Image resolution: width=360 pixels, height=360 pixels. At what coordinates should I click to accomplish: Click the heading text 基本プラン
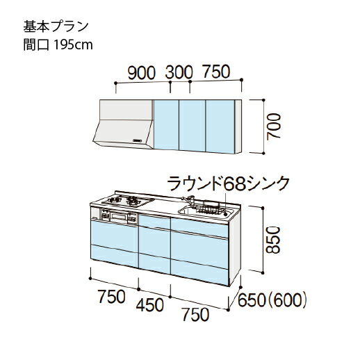coord(56,26)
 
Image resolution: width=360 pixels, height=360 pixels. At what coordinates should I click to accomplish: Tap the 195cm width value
coord(73,44)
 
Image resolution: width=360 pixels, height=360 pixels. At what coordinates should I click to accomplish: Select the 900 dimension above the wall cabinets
coord(141,73)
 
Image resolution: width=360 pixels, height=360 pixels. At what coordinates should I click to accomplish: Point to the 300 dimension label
coord(179,72)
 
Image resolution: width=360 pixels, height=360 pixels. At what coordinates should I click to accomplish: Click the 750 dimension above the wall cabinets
coord(216,71)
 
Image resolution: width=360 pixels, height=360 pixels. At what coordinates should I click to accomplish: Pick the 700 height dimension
coord(273,126)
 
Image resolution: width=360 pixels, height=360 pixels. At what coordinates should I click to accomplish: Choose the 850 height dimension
coord(273,240)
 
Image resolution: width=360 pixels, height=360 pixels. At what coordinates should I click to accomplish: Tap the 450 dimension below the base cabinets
coord(150,305)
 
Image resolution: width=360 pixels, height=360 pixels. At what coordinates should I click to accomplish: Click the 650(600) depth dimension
coord(272,300)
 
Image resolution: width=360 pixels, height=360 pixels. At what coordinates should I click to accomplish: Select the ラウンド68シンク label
coord(228,183)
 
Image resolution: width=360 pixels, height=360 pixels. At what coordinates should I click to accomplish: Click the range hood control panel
coord(137,140)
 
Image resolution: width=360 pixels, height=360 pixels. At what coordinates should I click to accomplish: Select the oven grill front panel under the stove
coord(119,217)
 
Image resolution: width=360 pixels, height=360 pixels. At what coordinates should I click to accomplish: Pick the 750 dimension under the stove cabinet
coord(112,297)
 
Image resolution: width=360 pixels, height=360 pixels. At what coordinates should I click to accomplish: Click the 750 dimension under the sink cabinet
coord(196,315)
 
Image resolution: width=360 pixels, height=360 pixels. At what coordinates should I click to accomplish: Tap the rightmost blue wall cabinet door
coord(220,126)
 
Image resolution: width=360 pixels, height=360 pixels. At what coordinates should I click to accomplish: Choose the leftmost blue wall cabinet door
coord(166,124)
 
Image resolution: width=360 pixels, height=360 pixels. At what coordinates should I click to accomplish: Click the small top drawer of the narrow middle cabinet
coord(154,222)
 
